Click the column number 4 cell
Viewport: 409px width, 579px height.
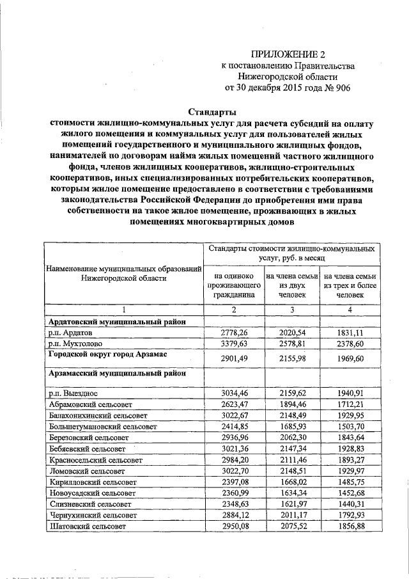tap(350, 310)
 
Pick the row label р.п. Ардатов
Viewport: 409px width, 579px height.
tap(70, 333)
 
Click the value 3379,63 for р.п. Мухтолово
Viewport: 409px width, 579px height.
tap(234, 344)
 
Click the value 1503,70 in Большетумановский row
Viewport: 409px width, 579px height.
tap(350, 427)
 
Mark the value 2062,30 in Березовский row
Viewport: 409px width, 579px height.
tap(291, 438)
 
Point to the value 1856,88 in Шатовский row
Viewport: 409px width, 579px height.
tap(350, 526)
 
